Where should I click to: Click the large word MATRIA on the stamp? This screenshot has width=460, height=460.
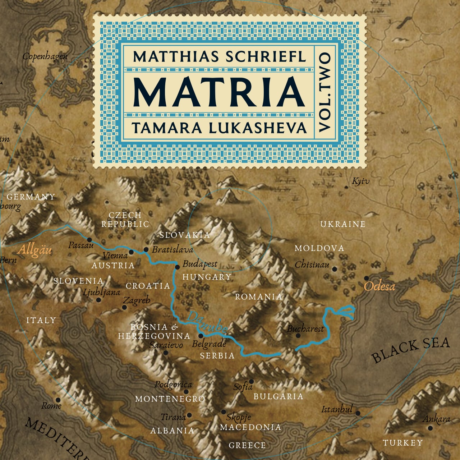pos(219,91)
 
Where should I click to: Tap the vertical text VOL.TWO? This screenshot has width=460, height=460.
pos(325,92)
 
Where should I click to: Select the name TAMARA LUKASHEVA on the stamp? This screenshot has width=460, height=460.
pos(219,128)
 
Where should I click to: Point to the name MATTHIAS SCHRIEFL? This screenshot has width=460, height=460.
pos(219,56)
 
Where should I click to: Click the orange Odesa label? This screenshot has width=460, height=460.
pos(379,286)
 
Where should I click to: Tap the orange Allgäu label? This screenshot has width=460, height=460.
pos(34,249)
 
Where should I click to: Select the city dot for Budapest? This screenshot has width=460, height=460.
pos(177,267)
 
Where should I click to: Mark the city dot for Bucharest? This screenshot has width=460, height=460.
pos(298,336)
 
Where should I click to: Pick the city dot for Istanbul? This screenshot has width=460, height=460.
pos(358,413)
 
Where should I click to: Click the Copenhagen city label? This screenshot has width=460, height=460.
pos(45,57)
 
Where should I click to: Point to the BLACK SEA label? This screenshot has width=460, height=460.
pos(410,349)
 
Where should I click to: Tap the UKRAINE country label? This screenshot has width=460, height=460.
pos(342,224)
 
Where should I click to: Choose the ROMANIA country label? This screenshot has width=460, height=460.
pos(258,297)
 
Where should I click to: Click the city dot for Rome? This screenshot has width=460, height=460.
pos(58,400)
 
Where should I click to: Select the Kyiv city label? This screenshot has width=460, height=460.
pos(360,181)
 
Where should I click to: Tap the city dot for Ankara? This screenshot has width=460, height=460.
pos(430,428)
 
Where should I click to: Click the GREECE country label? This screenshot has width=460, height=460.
pos(247,446)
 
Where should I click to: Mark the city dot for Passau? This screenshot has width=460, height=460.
pos(89,239)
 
